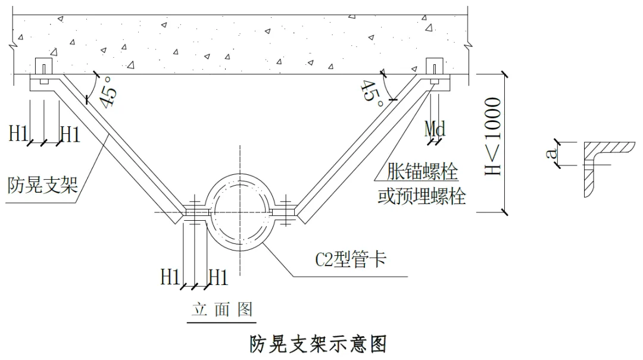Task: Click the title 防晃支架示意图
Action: tap(319, 344)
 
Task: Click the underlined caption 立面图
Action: tap(221, 309)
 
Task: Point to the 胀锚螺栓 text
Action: tap(422, 173)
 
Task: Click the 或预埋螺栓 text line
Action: tap(422, 196)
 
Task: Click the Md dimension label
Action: tap(435, 128)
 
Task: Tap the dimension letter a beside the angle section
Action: tap(553, 154)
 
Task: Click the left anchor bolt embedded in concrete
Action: tap(44, 70)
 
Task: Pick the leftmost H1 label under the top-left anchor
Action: tap(18, 133)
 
